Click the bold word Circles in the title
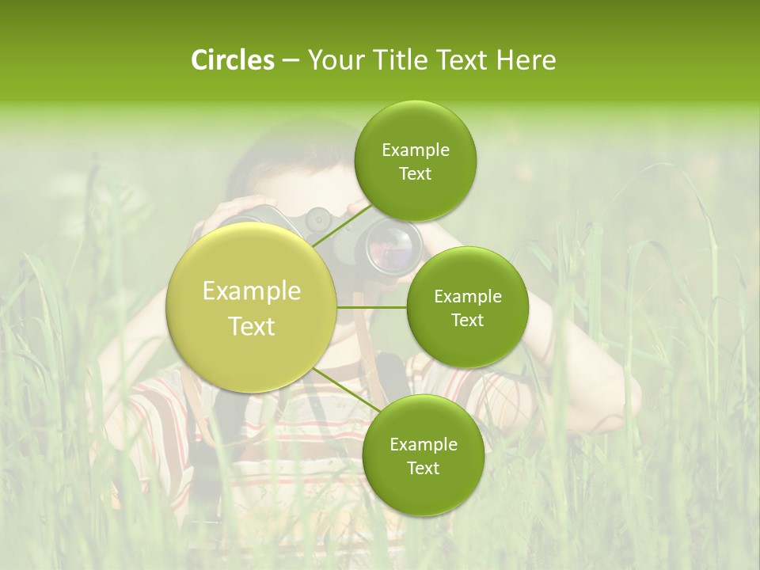tap(232, 60)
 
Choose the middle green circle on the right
tap(467, 307)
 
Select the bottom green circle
tap(423, 456)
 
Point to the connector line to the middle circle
tap(372, 307)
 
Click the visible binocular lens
tap(390, 245)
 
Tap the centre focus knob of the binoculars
tap(318, 218)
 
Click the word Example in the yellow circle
tap(252, 291)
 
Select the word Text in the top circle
tap(415, 174)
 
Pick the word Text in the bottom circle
tap(423, 468)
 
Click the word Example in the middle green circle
tap(467, 296)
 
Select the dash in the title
tap(291, 61)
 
